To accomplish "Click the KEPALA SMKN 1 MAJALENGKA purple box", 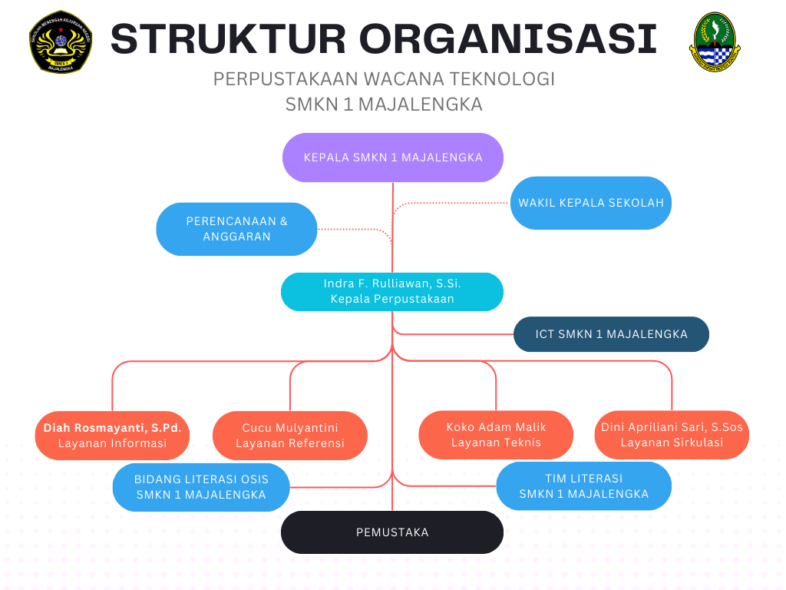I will (x=392, y=157).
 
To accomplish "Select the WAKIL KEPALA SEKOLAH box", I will (x=590, y=203).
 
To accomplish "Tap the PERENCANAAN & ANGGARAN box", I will (x=236, y=229).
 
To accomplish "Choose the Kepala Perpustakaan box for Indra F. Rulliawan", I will (x=391, y=291).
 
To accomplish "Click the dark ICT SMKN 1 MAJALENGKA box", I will (x=611, y=334).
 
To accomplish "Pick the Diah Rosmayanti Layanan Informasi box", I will (x=112, y=435).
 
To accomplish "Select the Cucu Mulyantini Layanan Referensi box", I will (x=289, y=435).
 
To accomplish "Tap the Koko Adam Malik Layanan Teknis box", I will (x=496, y=435).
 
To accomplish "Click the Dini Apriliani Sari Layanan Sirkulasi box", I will (x=672, y=435).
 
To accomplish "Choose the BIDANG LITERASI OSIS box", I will (x=201, y=487).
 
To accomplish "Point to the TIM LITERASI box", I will (x=583, y=486).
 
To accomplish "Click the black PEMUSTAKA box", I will (x=391, y=532).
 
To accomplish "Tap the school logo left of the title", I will (x=60, y=42).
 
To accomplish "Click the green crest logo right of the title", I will (x=714, y=42).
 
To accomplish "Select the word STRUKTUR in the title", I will (x=228, y=38).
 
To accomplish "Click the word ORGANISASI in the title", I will (x=507, y=38).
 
